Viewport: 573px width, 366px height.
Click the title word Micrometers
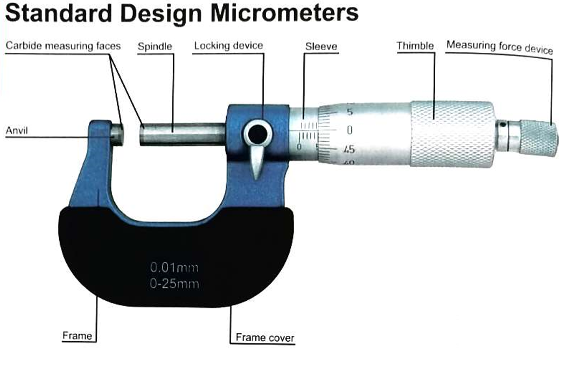tap(284, 13)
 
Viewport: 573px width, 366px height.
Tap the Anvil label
tap(17, 130)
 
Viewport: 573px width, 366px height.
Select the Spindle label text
tap(155, 47)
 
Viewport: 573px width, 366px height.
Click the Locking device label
tap(228, 46)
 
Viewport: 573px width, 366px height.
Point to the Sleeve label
tap(321, 46)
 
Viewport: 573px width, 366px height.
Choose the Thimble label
tap(415, 46)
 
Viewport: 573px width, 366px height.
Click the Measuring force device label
tap(500, 47)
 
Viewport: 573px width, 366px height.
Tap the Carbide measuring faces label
tap(63, 46)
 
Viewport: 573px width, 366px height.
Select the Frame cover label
tap(265, 337)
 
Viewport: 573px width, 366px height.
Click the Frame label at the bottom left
tap(77, 336)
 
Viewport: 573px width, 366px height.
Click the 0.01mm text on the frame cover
tap(174, 268)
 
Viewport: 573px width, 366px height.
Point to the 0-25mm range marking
tap(174, 284)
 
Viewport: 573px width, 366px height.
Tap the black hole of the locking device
tap(257, 134)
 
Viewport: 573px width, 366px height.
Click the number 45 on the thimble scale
tap(349, 149)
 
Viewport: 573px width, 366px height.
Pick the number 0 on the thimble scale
tap(350, 130)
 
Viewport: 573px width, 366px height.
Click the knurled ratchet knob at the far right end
tap(539, 137)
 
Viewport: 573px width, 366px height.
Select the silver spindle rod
tap(183, 134)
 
